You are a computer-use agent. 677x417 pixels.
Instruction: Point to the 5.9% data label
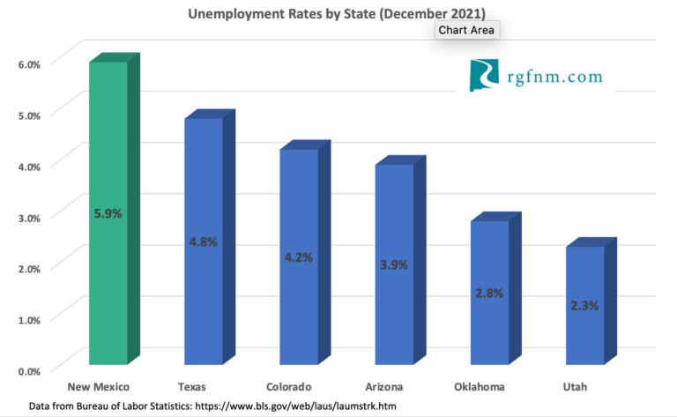tap(108, 212)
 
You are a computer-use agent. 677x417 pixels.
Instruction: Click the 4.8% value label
tap(204, 240)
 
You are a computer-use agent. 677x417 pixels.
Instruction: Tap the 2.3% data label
tap(584, 305)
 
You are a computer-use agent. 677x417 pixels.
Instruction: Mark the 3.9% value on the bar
tap(394, 265)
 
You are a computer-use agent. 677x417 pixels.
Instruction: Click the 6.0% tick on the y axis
tap(29, 63)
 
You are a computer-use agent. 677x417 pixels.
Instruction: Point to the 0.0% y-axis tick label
tap(29, 370)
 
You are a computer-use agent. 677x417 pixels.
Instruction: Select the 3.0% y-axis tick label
tap(29, 217)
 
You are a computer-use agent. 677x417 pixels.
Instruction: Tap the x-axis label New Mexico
tap(100, 387)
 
